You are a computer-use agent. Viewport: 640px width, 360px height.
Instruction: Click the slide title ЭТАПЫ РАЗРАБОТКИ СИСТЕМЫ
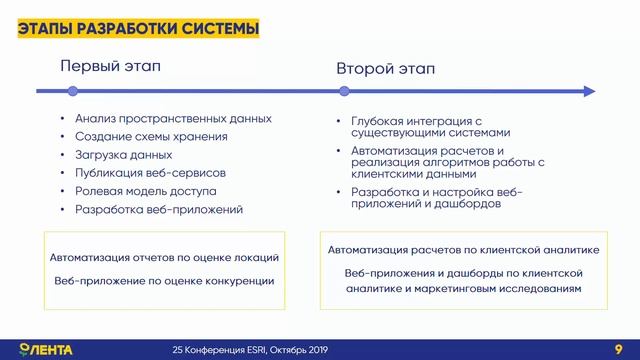139,28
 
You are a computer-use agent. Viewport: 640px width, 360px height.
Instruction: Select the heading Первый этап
111,67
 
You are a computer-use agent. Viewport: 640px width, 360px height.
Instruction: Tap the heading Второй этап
385,71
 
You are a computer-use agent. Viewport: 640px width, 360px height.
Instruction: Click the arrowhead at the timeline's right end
589,92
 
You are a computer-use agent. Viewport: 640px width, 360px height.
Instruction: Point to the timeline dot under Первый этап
72,92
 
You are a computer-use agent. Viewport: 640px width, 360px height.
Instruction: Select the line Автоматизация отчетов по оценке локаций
164,257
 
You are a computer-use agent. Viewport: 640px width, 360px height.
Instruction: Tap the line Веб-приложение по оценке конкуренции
164,281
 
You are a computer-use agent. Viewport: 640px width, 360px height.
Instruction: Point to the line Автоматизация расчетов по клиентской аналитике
463,251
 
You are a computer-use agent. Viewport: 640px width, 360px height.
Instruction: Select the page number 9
618,349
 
